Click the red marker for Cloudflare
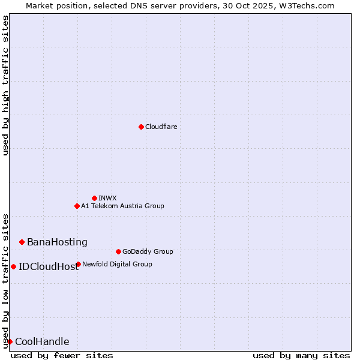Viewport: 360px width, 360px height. coord(141,127)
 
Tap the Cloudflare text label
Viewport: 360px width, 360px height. coord(161,127)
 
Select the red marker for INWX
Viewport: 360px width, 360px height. coord(94,198)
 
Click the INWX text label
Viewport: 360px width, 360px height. coord(107,198)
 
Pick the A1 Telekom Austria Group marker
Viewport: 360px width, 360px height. coord(77,206)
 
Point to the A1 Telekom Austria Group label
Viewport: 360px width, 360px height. coord(122,206)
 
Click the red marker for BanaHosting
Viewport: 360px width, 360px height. coord(22,242)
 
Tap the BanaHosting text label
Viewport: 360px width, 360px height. coord(57,242)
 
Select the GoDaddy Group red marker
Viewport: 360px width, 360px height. coord(118,251)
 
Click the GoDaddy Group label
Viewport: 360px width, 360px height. coord(148,251)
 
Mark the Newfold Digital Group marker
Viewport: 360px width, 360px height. coord(78,264)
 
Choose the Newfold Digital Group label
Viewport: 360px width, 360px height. coord(117,264)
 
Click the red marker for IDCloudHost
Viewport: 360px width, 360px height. coord(13,266)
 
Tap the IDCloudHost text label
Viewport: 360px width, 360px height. coord(48,266)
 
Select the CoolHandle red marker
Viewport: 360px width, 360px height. coord(10,341)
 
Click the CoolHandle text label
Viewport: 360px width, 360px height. coord(42,342)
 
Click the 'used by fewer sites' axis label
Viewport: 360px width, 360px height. coord(62,355)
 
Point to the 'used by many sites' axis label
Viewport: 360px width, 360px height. coord(301,355)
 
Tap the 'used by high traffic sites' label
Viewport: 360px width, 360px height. coord(5,85)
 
